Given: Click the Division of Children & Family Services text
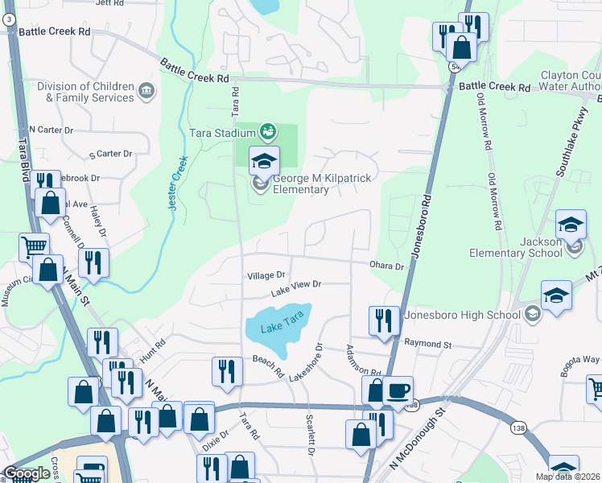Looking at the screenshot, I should (x=85, y=92).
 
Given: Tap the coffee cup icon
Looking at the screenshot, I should (x=398, y=391).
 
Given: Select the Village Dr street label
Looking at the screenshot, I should (x=266, y=275).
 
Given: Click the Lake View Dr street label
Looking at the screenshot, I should (x=295, y=287).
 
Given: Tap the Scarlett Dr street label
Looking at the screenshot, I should (x=309, y=435).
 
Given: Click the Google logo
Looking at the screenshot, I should (x=26, y=473).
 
